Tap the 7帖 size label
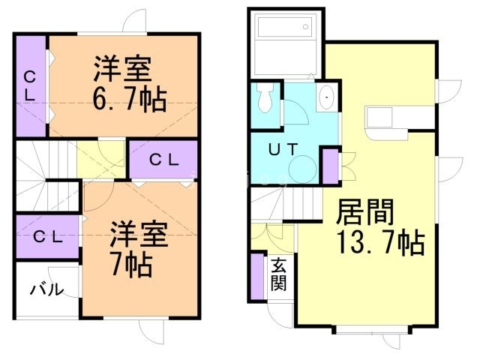coord(130,264)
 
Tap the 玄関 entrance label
coord(279,274)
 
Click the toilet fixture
coord(263,98)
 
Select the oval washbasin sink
coord(325,98)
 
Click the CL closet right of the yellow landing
coord(163,159)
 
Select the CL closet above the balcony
coord(46,236)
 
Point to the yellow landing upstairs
coord(101,158)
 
